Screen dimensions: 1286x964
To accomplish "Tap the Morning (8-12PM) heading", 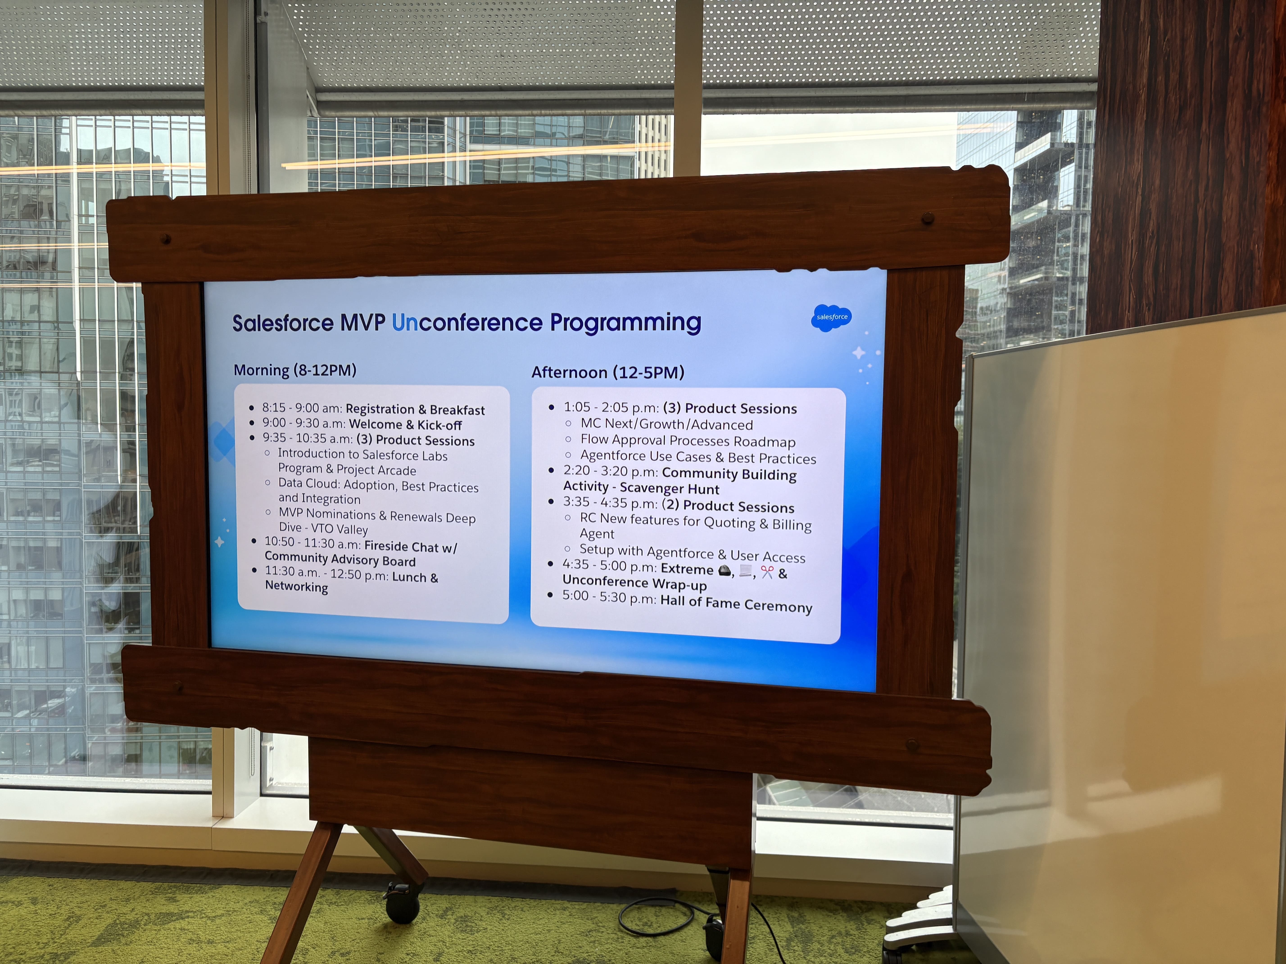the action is tap(295, 370).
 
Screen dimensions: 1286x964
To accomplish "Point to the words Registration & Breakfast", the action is tap(415, 410).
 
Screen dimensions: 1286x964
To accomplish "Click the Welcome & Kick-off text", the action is tap(405, 425).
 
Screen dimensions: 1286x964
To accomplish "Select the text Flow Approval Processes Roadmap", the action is tap(688, 441).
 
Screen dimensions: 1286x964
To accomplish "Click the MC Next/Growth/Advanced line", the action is tap(666, 425).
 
